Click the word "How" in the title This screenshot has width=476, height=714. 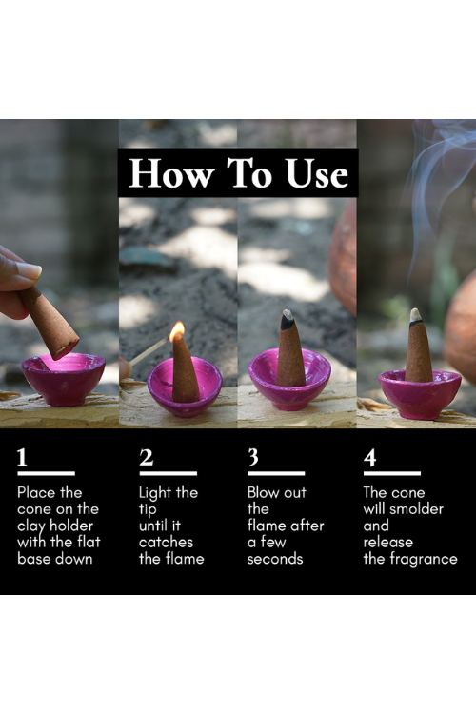click(171, 173)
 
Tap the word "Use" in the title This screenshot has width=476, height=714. click(317, 173)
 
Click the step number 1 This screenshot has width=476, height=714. click(22, 457)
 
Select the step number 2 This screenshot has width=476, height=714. click(147, 457)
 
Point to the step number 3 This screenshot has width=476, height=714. click(253, 457)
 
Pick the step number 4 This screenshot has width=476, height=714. click(370, 458)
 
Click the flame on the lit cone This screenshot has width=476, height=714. click(177, 330)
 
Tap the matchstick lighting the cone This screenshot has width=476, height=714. click(149, 351)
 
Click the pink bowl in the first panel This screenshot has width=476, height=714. click(64, 379)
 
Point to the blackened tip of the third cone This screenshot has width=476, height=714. click(287, 320)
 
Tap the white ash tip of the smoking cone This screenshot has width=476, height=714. click(415, 315)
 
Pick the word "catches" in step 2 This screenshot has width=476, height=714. click(166, 542)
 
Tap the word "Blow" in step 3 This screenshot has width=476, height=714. click(262, 492)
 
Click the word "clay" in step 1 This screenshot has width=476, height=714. click(31, 526)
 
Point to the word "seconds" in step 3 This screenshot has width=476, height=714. click(275, 559)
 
